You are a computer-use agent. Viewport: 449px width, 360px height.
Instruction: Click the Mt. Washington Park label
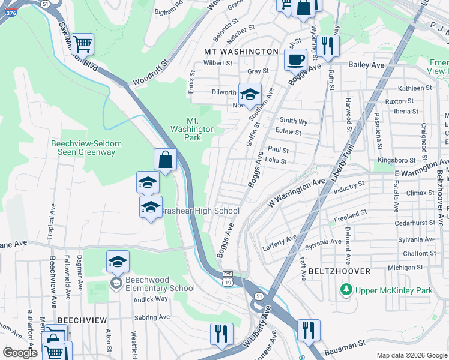192,129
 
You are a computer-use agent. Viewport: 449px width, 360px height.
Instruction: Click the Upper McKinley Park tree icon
346,290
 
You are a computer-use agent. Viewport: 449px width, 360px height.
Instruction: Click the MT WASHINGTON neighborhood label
241,52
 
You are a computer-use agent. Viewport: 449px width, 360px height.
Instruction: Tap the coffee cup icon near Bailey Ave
295,60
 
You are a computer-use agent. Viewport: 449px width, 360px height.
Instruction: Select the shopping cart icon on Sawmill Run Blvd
82,43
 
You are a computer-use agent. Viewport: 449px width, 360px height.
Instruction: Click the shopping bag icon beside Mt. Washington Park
165,160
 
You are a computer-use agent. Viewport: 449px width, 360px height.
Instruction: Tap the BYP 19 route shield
227,281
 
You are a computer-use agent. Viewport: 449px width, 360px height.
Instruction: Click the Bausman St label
345,346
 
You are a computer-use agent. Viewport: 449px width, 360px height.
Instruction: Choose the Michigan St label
402,268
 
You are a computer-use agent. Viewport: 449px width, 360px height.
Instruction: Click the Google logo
20,353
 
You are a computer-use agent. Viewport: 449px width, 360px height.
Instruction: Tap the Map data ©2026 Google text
412,355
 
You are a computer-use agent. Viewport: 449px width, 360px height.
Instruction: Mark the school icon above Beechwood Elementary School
118,262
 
